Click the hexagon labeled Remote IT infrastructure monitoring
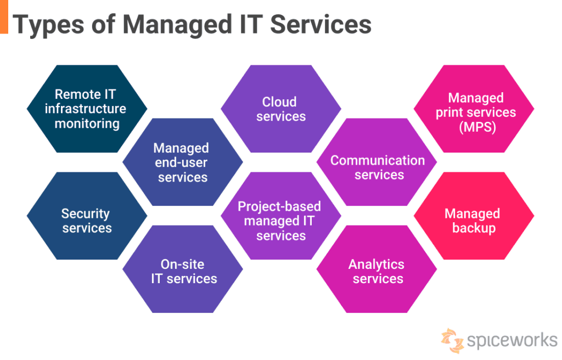pyautogui.click(x=87, y=109)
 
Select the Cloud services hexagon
pyautogui.click(x=280, y=109)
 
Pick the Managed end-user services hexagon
pyautogui.click(x=182, y=162)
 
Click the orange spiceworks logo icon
pyautogui.click(x=452, y=340)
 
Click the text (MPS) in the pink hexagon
pyautogui.click(x=476, y=127)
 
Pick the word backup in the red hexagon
pyautogui.click(x=473, y=228)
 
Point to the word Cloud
pyautogui.click(x=279, y=102)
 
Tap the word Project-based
pyautogui.click(x=279, y=206)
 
